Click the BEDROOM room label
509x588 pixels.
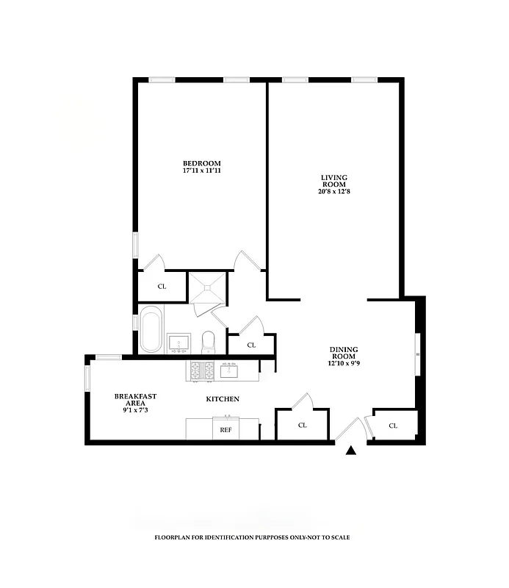pyautogui.click(x=201, y=163)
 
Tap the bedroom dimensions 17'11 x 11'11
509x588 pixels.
pyautogui.click(x=201, y=171)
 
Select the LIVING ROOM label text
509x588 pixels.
pyautogui.click(x=333, y=181)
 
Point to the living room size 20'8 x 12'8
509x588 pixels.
pyautogui.click(x=333, y=192)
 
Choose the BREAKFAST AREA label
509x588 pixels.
pyautogui.click(x=135, y=400)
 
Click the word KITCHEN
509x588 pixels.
pyautogui.click(x=221, y=399)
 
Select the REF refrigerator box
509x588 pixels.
pyautogui.click(x=226, y=429)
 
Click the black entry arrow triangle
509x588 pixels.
pyautogui.click(x=351, y=451)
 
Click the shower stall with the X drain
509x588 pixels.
pyautogui.click(x=207, y=288)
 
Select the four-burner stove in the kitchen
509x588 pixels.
pyautogui.click(x=202, y=370)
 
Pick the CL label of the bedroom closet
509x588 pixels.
pyautogui.click(x=162, y=287)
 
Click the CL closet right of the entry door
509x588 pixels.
pyautogui.click(x=393, y=426)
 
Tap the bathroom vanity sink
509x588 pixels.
pyautogui.click(x=178, y=343)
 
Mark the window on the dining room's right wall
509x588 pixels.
pyautogui.click(x=418, y=355)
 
